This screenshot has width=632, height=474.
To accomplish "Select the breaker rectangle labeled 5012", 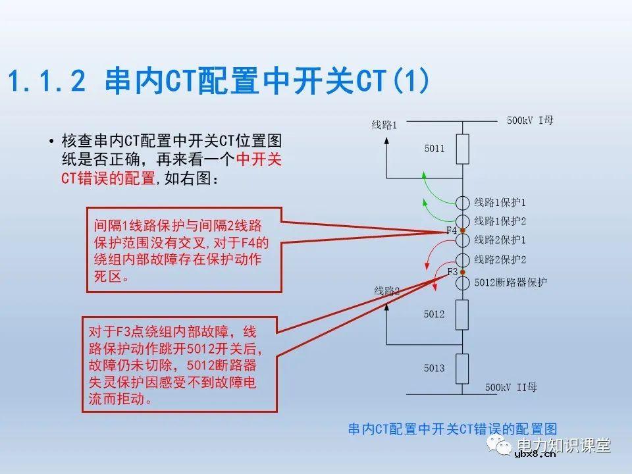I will point(462,315).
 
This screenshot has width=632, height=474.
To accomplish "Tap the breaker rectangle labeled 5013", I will point(462,368).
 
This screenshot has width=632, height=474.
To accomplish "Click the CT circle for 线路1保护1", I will point(462,203).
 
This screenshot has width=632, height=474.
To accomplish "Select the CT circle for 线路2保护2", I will point(462,260).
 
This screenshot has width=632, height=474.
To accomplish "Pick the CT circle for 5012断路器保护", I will point(462,282).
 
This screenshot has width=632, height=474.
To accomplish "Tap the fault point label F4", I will point(451,230).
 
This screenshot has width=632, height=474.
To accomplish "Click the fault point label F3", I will point(452,272).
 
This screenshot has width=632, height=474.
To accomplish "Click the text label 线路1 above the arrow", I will point(384,124).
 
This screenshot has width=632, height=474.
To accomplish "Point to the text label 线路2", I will point(387,290).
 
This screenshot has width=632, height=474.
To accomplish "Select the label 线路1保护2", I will point(500,221).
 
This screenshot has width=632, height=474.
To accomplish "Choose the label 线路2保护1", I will point(500,239).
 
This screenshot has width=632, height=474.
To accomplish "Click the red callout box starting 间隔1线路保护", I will point(184,250).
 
